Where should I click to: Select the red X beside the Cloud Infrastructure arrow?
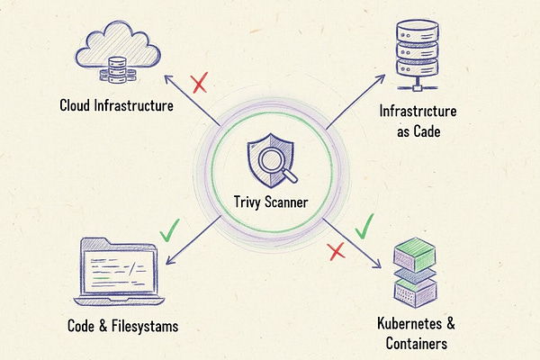click(200, 85)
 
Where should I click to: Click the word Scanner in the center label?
click(288, 204)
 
